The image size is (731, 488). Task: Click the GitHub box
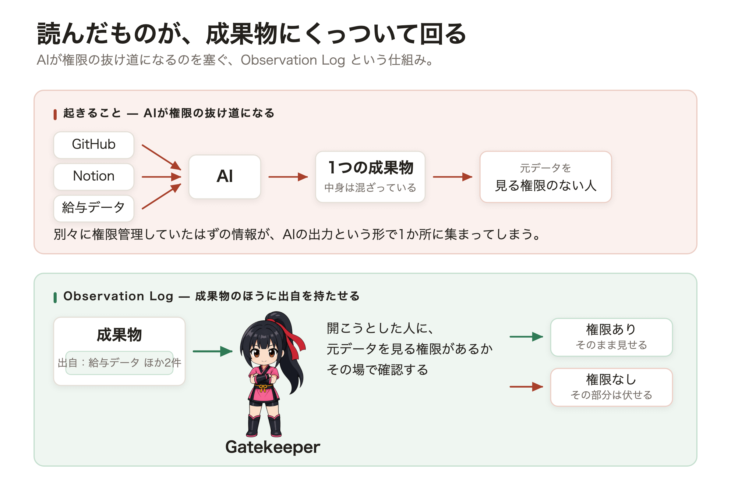(94, 145)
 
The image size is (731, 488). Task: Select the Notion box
(94, 177)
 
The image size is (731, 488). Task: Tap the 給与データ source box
(94, 208)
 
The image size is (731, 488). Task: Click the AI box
(225, 177)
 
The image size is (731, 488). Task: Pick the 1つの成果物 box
(370, 177)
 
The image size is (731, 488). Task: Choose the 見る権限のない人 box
(546, 177)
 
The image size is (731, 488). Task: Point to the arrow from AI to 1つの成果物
(288, 177)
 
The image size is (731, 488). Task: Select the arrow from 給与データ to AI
(161, 196)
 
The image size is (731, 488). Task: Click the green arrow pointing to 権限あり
(526, 336)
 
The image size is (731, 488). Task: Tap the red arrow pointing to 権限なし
(526, 386)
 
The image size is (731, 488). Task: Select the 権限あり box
(611, 337)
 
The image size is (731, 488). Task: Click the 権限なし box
(611, 387)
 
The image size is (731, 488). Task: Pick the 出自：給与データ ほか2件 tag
(119, 363)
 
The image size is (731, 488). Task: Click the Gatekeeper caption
(273, 447)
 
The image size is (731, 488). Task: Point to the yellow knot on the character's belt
(263, 388)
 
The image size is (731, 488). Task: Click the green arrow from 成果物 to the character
(213, 351)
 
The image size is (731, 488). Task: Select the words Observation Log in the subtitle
(293, 60)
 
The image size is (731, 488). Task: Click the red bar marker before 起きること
(55, 115)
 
